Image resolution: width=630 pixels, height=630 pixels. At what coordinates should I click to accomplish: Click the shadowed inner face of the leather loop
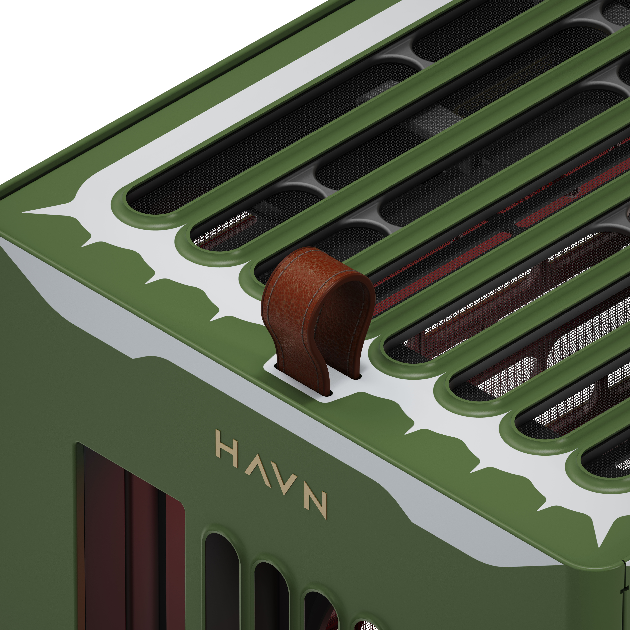coord(339,313)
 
